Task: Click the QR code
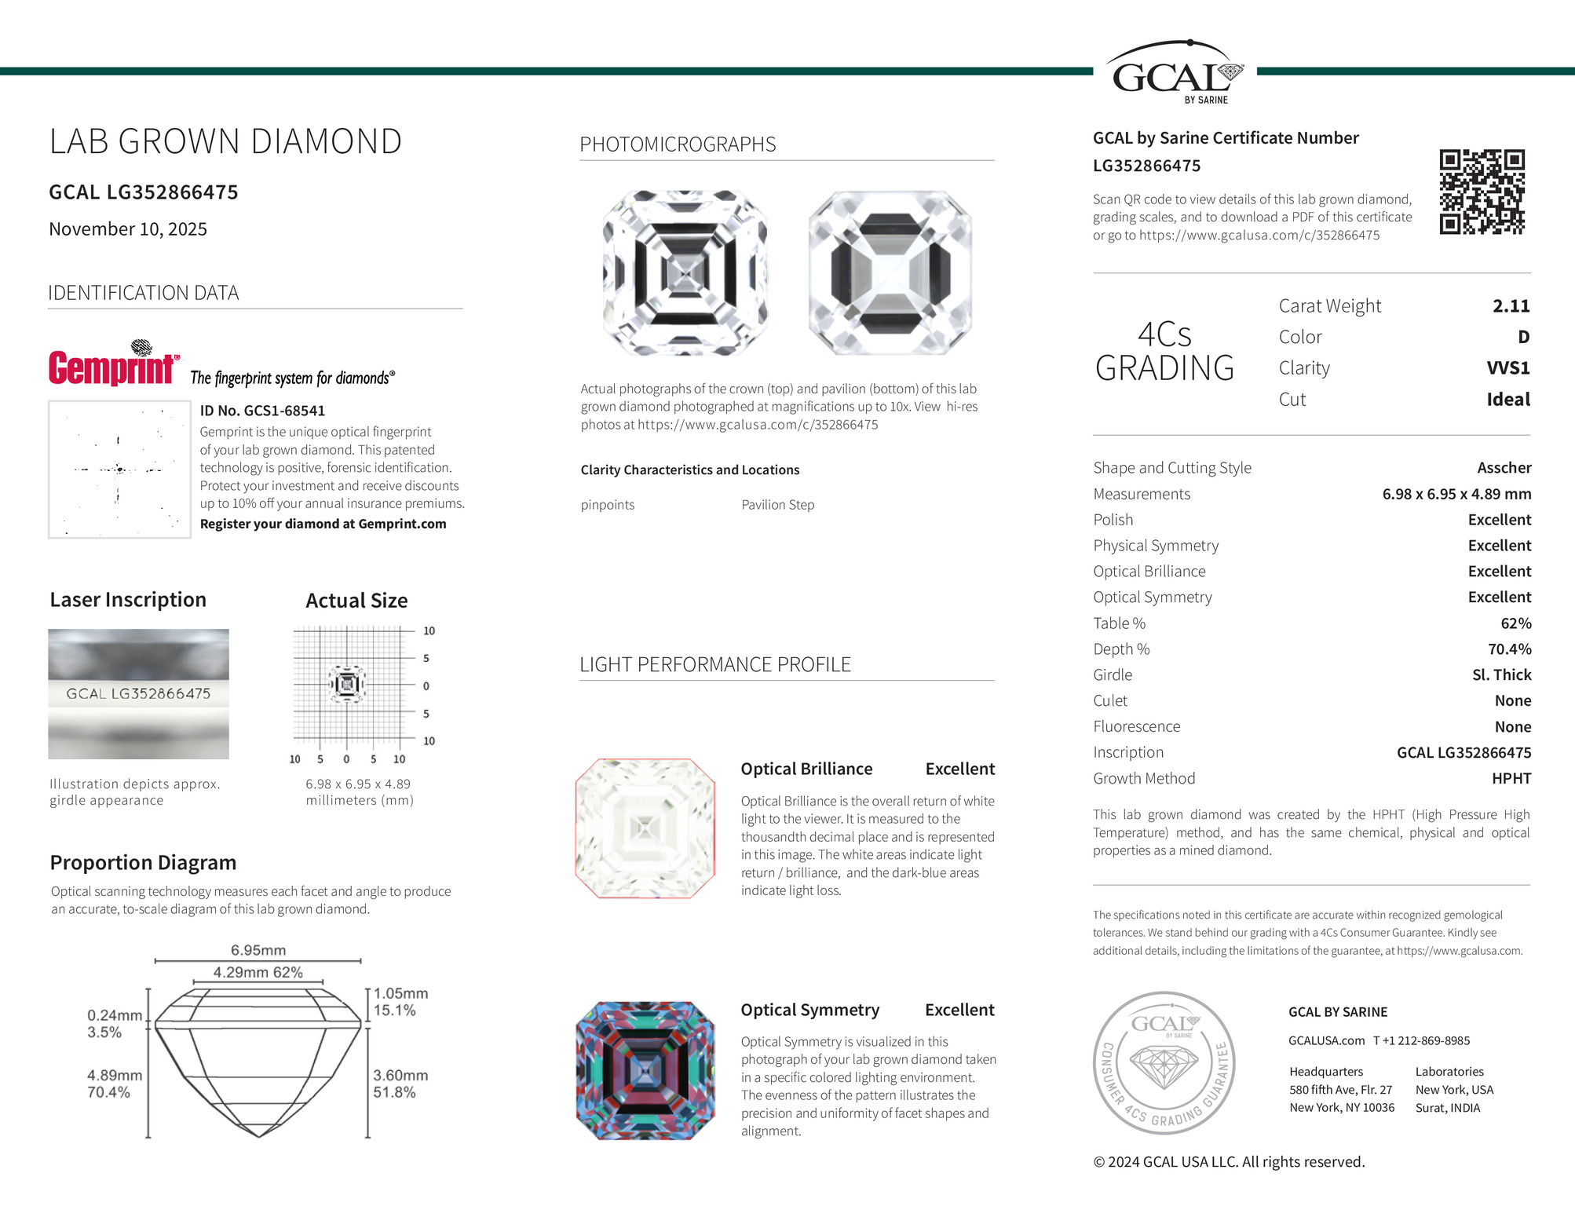(1482, 192)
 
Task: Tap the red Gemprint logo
(113, 367)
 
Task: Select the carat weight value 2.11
(1511, 306)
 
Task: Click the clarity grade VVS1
(1507, 368)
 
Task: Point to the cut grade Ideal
(1507, 400)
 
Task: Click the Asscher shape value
(1504, 468)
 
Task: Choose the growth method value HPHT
(1511, 779)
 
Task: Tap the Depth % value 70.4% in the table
(1509, 649)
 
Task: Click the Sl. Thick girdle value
(1501, 675)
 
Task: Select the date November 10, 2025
(128, 229)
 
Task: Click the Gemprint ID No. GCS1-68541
(262, 411)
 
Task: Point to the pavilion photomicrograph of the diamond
(890, 273)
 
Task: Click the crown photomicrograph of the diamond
(685, 273)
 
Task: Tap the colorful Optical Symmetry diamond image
(645, 1070)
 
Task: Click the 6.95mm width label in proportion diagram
(258, 950)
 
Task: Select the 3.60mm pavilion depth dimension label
(400, 1076)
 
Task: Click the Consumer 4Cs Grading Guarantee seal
(1164, 1062)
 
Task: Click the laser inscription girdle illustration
(138, 694)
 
